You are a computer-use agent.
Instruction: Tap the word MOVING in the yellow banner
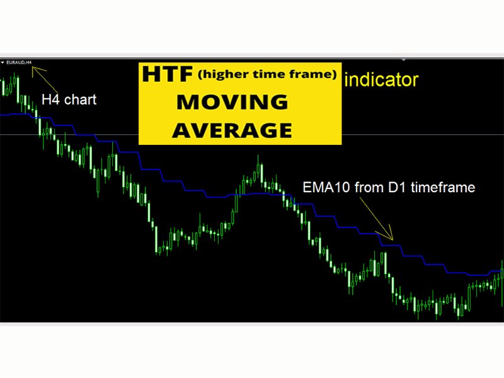pos(232,102)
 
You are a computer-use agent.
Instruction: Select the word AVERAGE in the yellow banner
pos(232,130)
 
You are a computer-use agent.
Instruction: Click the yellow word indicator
pos(382,80)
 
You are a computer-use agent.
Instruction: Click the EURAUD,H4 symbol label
pos(18,62)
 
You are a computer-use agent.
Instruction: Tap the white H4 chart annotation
pos(69,100)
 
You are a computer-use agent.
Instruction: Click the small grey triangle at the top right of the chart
pos(403,60)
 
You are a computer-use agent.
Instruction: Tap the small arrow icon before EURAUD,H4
pos(3,62)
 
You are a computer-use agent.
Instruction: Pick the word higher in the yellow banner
pos(219,75)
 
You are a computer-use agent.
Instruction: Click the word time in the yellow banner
pos(267,75)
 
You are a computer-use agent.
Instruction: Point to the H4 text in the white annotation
pos(50,100)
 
